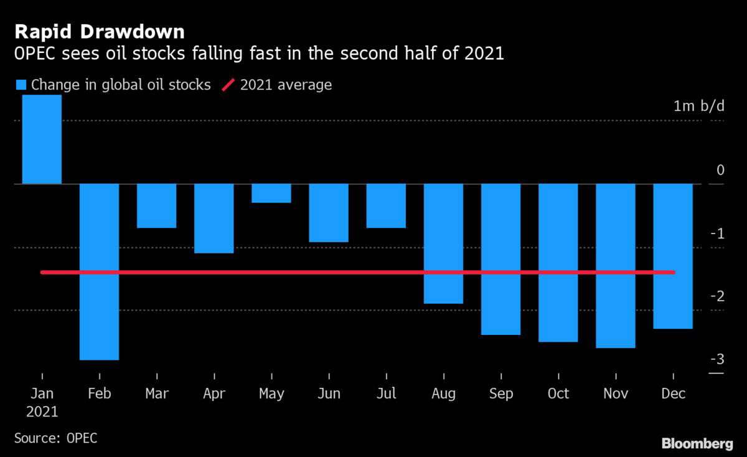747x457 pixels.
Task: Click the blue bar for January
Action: point(42,139)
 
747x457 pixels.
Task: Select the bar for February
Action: point(99,271)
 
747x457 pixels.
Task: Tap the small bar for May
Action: point(271,194)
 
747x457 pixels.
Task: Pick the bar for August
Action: point(443,243)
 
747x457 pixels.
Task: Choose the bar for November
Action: point(616,266)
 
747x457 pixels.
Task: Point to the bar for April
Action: point(214,219)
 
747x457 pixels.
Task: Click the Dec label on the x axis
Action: point(673,394)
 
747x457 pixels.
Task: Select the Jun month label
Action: point(329,394)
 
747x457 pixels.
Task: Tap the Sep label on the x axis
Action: point(500,394)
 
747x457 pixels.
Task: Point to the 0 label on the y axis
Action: point(720,170)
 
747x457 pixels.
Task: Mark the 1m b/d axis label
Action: point(698,106)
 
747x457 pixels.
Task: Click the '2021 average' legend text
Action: point(286,85)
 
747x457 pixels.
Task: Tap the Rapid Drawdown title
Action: point(100,31)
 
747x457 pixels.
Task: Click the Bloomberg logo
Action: point(697,443)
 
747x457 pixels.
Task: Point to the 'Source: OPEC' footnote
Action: point(55,438)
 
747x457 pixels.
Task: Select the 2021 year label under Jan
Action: point(42,412)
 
